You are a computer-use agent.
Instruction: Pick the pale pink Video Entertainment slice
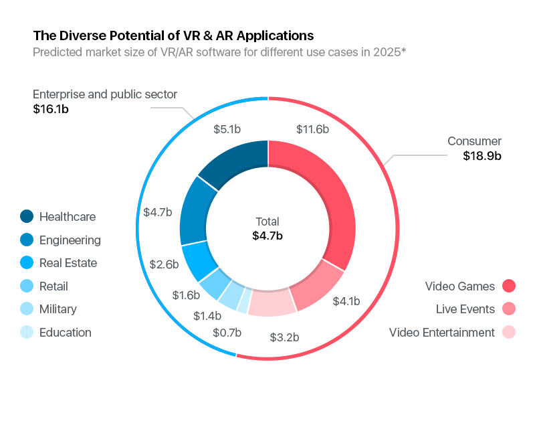(x=272, y=303)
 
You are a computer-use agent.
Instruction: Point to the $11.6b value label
(x=312, y=129)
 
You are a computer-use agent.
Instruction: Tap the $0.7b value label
(x=227, y=332)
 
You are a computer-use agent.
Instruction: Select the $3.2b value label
(x=285, y=336)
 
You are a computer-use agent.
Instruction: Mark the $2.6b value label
(x=164, y=264)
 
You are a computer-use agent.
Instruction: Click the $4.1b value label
(x=346, y=301)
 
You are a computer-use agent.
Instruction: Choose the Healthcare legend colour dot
(x=27, y=217)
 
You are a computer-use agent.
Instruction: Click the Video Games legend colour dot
(x=509, y=286)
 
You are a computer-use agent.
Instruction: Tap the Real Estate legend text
(x=68, y=263)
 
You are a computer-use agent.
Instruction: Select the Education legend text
(x=66, y=333)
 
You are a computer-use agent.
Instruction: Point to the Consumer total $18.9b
(x=482, y=156)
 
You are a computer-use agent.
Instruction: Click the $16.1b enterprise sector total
(x=51, y=108)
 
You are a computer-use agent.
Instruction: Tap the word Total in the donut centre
(x=267, y=222)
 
